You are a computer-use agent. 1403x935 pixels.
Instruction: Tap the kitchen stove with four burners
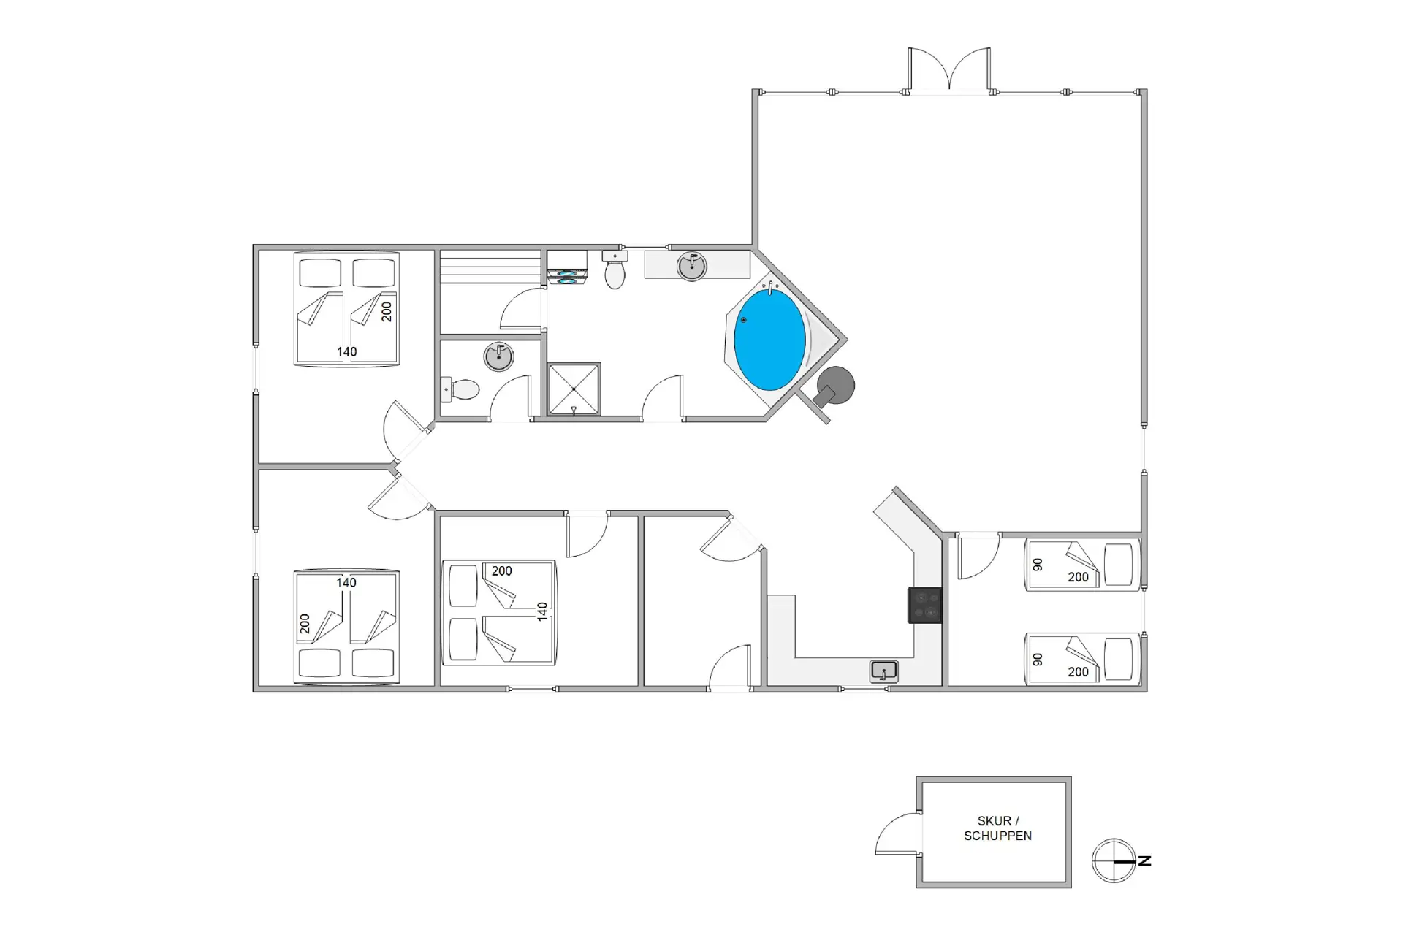(x=924, y=605)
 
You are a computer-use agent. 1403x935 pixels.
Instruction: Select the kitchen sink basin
(x=883, y=671)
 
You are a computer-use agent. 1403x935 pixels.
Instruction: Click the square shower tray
(x=574, y=389)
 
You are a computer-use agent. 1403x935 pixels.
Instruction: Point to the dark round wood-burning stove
(x=834, y=386)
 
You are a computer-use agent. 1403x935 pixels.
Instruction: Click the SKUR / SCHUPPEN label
(x=997, y=828)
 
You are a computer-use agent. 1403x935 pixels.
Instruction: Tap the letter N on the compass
(x=1144, y=860)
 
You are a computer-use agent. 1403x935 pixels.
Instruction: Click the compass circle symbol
(x=1113, y=860)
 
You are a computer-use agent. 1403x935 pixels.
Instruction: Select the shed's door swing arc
(x=897, y=832)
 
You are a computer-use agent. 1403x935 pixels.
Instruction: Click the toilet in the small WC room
(x=460, y=389)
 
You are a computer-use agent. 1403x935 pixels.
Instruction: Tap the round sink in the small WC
(x=498, y=357)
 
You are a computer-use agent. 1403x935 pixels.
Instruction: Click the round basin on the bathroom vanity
(x=691, y=266)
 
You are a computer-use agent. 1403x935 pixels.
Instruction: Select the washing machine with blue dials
(x=567, y=267)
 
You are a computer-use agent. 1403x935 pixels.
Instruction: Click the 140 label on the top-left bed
(x=346, y=352)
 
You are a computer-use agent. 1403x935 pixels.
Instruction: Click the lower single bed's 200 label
(x=1078, y=672)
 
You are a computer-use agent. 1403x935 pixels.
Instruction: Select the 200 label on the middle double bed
(x=501, y=571)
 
